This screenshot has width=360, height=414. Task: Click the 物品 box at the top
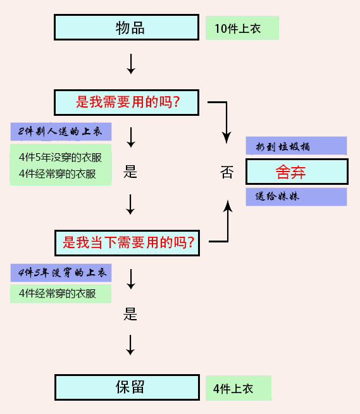(x=130, y=28)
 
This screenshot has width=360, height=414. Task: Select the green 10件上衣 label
(x=242, y=28)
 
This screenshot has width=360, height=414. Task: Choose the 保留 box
(x=130, y=387)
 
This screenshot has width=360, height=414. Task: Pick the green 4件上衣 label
(x=238, y=388)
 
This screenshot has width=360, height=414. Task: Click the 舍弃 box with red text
(x=296, y=172)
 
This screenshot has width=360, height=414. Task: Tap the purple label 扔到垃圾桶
(x=296, y=146)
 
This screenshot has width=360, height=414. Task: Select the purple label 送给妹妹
(x=296, y=197)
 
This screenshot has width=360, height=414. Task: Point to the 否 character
(x=227, y=173)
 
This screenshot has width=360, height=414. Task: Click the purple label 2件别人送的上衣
(x=61, y=132)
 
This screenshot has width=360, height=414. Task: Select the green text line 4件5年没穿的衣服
(x=61, y=158)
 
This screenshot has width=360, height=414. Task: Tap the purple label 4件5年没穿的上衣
(x=61, y=273)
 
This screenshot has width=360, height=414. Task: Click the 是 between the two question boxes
(x=130, y=172)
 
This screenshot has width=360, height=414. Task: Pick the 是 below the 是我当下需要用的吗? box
(x=130, y=314)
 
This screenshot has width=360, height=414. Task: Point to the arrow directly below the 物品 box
(x=131, y=64)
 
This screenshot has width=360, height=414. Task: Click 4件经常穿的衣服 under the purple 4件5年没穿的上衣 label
(x=61, y=294)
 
